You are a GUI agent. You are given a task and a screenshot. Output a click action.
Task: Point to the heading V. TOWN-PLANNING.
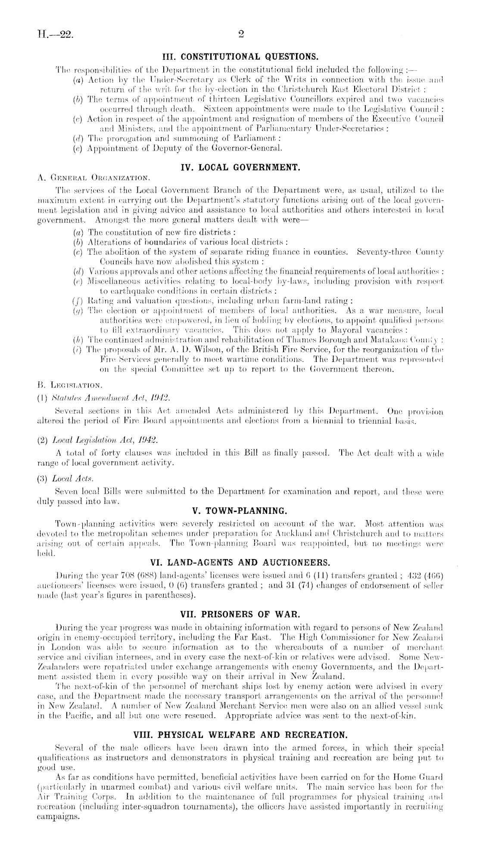tap(240, 511)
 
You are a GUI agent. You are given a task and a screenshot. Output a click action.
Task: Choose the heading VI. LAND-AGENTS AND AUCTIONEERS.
tap(240, 562)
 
